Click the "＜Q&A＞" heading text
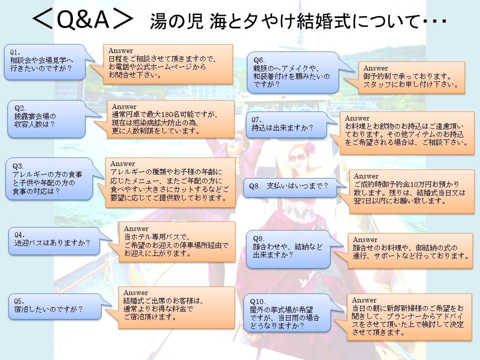(x=82, y=19)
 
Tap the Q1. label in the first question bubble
(x=15, y=52)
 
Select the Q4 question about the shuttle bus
(x=52, y=243)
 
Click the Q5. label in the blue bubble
(x=19, y=301)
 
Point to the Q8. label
(x=254, y=186)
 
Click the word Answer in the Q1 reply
(x=120, y=50)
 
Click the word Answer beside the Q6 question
(x=375, y=68)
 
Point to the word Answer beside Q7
(x=357, y=118)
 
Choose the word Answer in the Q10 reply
(x=364, y=300)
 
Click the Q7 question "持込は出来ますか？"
(x=282, y=127)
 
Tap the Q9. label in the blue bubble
(x=258, y=238)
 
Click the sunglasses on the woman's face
(x=296, y=158)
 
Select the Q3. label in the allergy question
(x=18, y=166)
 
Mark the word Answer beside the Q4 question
(x=136, y=228)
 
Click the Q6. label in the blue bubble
(x=259, y=60)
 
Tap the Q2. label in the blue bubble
(x=20, y=108)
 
